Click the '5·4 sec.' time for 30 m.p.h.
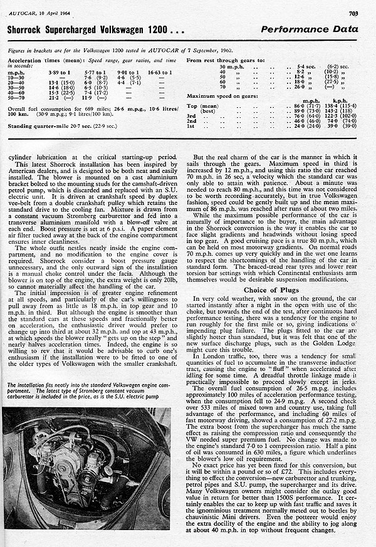(x=305, y=66)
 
